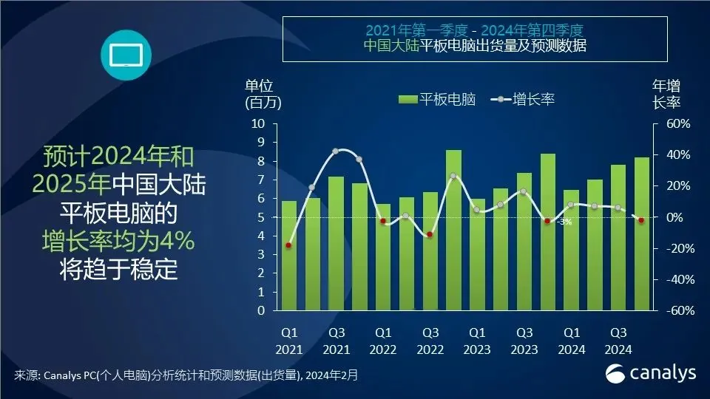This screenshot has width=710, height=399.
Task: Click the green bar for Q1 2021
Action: click(x=289, y=256)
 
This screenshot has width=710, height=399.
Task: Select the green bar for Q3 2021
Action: click(x=336, y=244)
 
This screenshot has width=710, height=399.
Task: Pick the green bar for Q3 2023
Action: click(x=524, y=242)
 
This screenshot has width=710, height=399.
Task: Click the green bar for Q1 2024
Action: click(x=571, y=250)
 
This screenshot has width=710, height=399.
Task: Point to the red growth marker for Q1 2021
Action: click(x=288, y=245)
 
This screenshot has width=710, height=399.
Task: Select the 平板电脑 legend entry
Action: click(x=436, y=99)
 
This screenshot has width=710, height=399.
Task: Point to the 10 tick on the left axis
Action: click(x=258, y=123)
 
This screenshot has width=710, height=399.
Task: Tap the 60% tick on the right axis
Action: click(x=677, y=123)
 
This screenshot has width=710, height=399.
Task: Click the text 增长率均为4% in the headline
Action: click(x=118, y=241)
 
